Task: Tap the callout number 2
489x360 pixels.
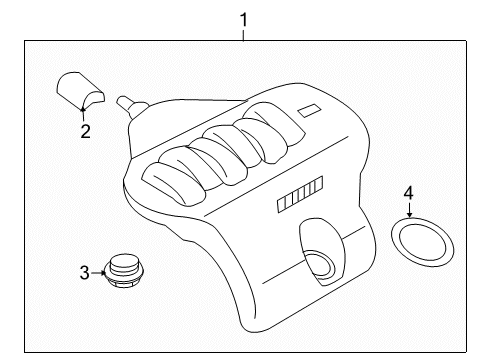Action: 85,131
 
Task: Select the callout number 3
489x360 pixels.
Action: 85,271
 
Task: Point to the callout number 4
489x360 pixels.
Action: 409,192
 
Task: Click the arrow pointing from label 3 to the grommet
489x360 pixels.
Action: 100,271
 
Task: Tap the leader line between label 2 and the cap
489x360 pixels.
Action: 84,113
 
